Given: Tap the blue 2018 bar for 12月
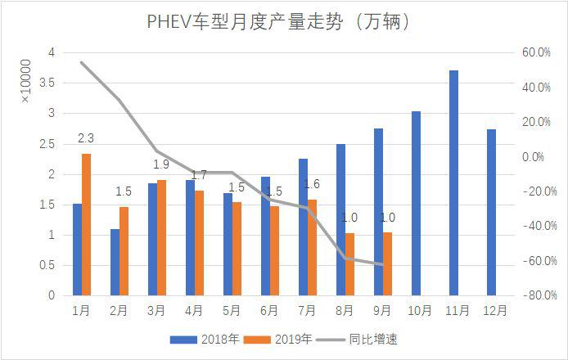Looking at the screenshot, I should click(491, 212).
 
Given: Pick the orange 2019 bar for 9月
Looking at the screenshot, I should click(387, 263).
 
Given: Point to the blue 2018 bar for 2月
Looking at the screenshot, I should click(115, 262).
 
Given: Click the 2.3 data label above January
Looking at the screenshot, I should click(85, 137).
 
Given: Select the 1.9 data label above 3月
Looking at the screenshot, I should click(160, 164).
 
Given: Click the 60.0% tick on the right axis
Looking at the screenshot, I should click(535, 52).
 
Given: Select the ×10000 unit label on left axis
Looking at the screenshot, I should click(25, 82).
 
